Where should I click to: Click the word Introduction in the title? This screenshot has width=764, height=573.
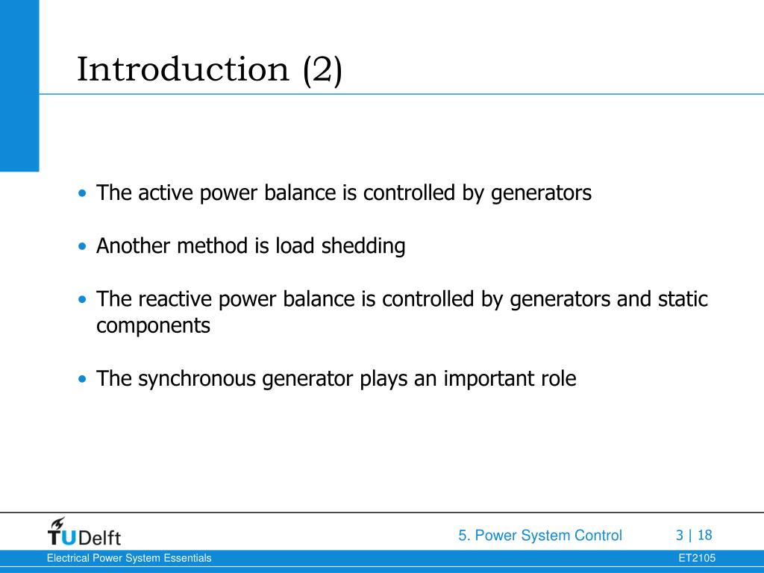[183, 70]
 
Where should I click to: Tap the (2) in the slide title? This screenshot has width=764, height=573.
[322, 70]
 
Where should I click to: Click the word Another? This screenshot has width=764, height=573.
[134, 246]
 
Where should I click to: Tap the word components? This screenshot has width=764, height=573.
[153, 326]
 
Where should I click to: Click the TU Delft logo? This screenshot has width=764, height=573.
[84, 531]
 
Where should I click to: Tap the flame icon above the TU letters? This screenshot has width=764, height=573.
[57, 522]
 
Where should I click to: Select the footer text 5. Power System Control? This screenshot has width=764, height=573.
[540, 535]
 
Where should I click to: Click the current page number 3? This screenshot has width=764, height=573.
[679, 535]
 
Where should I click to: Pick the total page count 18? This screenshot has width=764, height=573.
[705, 535]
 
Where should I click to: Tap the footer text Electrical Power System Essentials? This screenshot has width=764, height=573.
[129, 558]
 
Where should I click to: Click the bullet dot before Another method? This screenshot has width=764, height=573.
[82, 247]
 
